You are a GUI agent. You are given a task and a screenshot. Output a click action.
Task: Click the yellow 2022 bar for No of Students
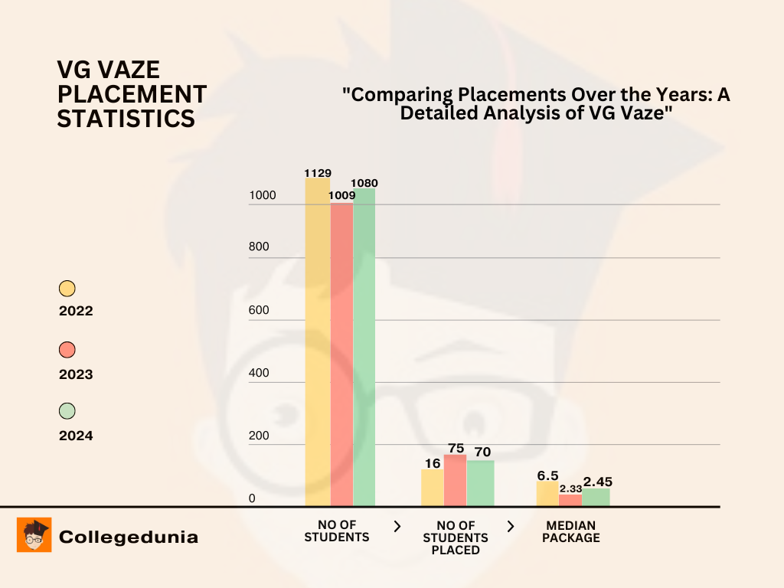[x=318, y=345]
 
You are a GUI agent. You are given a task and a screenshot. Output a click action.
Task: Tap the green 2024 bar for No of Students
[x=364, y=348]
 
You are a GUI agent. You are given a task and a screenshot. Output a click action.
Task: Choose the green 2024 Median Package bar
[x=596, y=497]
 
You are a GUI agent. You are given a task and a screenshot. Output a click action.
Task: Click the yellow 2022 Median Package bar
[x=547, y=494]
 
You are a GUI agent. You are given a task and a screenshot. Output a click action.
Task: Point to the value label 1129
[x=318, y=173]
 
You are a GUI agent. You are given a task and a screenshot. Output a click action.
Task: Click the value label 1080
[x=364, y=183]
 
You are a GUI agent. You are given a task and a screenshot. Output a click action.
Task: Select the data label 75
[x=456, y=449]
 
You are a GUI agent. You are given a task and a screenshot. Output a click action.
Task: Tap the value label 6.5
[x=547, y=475]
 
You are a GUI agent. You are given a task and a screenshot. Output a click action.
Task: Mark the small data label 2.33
[x=570, y=488]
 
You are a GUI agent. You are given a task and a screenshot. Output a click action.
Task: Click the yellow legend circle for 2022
[x=67, y=289]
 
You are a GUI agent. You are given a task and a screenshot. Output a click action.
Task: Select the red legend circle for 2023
[x=67, y=350]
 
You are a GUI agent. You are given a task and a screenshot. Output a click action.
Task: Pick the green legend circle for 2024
[x=67, y=411]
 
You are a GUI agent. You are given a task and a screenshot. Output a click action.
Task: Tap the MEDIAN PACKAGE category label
[x=572, y=531]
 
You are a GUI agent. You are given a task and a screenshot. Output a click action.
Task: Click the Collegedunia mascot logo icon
[x=34, y=534]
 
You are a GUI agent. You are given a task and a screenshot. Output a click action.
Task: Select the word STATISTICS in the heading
[x=126, y=119]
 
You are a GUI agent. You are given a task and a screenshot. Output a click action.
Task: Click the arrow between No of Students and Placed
[x=397, y=526]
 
